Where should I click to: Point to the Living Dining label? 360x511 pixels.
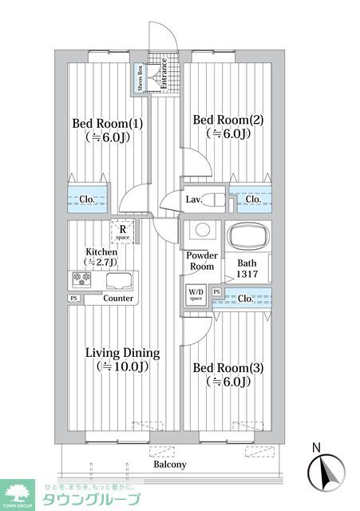point(123,353)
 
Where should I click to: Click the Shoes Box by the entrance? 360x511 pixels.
point(140,77)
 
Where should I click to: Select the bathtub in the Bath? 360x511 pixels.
point(247,236)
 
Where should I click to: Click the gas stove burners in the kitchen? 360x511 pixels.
point(81,279)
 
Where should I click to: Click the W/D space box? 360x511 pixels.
point(196,295)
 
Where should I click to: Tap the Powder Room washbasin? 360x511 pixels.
point(203,231)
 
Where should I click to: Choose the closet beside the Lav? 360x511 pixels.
point(251,199)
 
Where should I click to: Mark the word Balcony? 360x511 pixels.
point(169,465)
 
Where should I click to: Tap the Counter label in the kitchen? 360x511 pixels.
point(119,298)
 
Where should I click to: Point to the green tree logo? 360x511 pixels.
point(18,492)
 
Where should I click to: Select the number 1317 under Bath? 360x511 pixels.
point(247,274)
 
